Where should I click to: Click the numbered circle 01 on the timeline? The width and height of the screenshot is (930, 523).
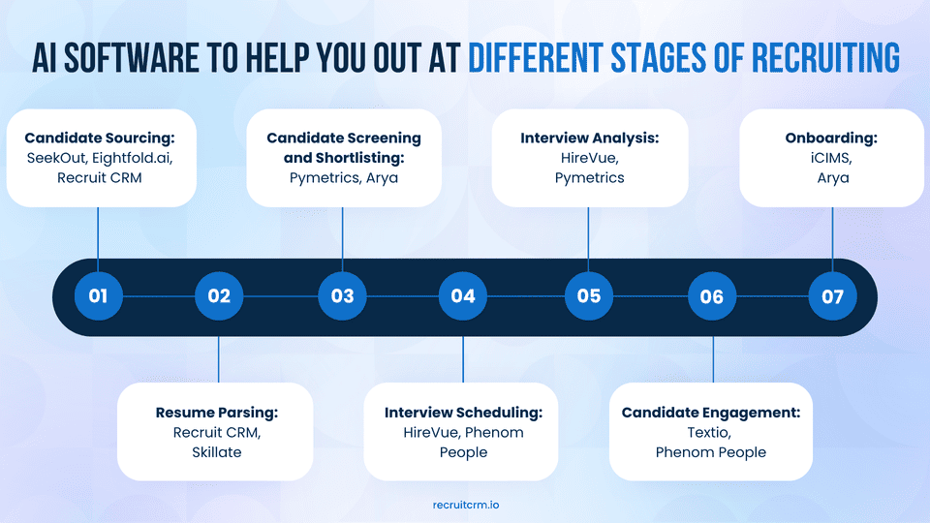(x=98, y=296)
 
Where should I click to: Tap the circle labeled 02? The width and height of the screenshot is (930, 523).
(x=219, y=296)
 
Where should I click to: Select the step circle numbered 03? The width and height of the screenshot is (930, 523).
(x=342, y=296)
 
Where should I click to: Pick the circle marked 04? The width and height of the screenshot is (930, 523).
(x=463, y=296)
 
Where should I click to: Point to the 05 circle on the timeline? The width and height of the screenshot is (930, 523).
(x=589, y=296)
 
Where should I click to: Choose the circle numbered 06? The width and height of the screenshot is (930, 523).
(x=712, y=296)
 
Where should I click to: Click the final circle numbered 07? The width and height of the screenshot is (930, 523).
(x=833, y=296)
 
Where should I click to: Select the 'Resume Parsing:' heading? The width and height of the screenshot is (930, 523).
(x=217, y=413)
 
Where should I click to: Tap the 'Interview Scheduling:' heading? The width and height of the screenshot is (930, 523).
(x=463, y=413)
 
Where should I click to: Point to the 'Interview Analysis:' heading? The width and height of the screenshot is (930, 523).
(x=589, y=138)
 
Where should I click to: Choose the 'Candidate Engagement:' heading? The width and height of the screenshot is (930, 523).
(x=711, y=413)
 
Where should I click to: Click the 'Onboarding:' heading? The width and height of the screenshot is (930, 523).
(x=831, y=138)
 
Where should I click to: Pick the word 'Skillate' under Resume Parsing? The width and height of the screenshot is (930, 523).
(x=217, y=452)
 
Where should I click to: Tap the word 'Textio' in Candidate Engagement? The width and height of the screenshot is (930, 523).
(x=711, y=433)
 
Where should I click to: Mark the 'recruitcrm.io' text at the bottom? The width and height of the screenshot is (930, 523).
(x=466, y=505)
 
